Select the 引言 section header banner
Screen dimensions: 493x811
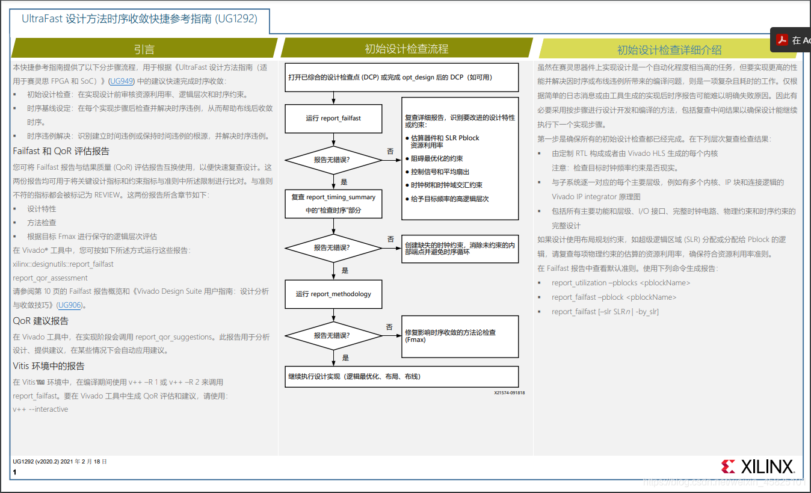point(144,49)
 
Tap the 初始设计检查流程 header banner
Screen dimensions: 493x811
point(407,49)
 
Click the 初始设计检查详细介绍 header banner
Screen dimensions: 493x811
point(669,50)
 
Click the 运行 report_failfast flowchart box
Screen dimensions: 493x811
point(333,118)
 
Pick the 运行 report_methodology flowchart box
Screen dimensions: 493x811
point(333,294)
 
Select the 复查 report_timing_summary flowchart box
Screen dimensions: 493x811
point(333,203)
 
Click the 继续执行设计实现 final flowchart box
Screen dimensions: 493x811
point(401,377)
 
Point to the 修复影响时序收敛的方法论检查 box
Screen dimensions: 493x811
point(460,336)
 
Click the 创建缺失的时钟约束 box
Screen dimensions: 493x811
point(460,249)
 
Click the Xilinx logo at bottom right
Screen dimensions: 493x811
point(757,467)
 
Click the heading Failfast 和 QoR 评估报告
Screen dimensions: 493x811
point(61,151)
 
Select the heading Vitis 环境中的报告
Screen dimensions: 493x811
point(49,366)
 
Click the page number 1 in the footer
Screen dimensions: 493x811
point(15,473)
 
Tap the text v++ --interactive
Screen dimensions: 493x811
point(40,409)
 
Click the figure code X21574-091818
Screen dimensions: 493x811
point(509,393)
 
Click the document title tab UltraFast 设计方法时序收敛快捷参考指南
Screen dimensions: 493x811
point(140,19)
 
